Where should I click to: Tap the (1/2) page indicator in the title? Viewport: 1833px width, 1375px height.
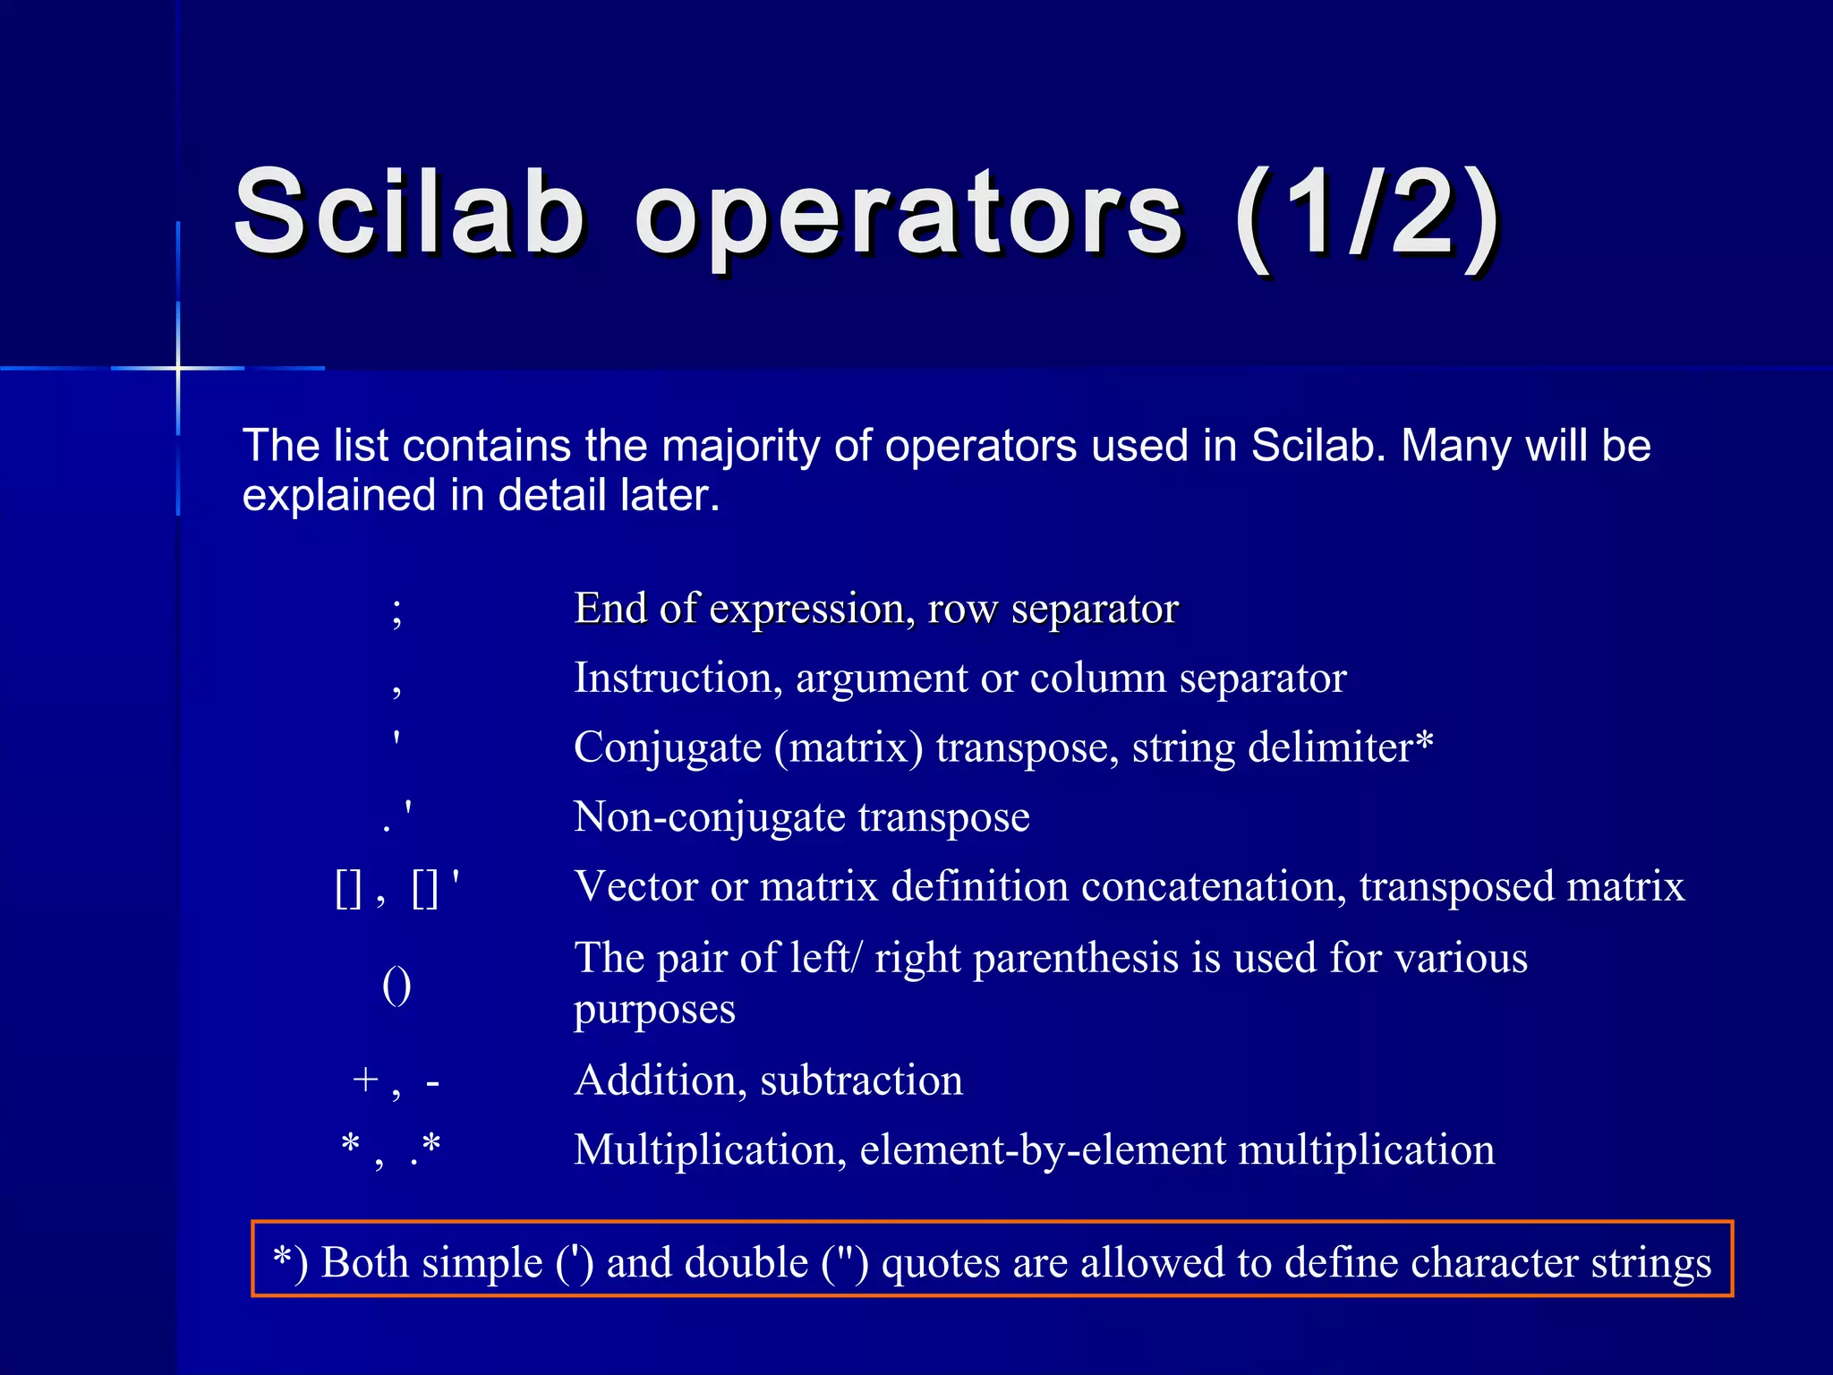(1366, 215)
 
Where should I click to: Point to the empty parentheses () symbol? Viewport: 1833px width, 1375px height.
(396, 986)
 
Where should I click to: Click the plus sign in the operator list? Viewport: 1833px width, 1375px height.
(365, 1080)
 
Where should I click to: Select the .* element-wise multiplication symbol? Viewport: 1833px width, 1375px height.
(425, 1148)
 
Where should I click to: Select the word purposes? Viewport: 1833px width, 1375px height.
(654, 1010)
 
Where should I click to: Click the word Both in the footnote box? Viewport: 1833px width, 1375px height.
(367, 1262)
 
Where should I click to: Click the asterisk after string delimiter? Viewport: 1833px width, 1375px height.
(1424, 741)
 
